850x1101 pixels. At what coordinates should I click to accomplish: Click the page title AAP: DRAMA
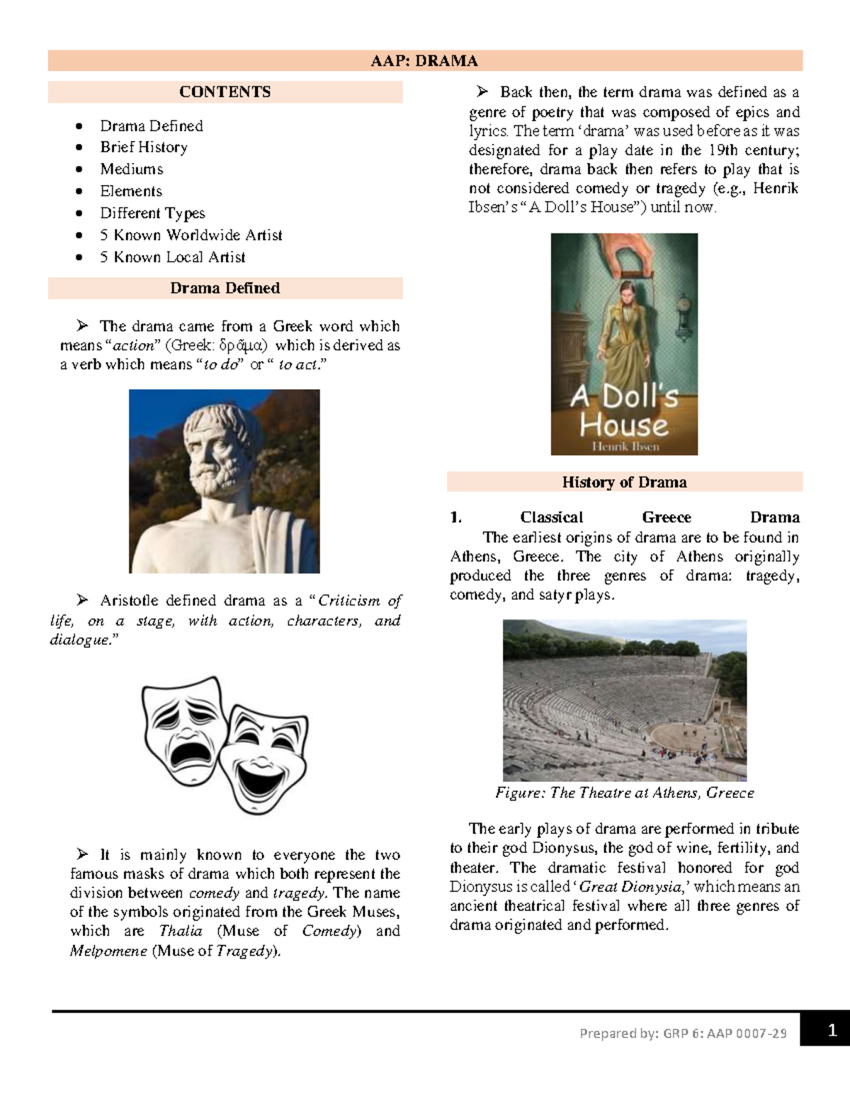click(424, 61)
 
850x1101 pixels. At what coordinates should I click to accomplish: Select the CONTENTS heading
click(225, 92)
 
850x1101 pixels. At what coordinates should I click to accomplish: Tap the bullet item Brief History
click(144, 147)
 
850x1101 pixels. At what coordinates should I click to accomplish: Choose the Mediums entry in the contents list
click(132, 169)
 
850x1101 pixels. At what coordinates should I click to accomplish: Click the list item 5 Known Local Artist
click(173, 257)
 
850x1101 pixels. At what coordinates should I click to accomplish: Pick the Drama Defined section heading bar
click(225, 289)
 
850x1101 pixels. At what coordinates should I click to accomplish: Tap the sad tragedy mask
click(183, 731)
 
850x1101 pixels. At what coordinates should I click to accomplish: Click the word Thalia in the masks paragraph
click(181, 932)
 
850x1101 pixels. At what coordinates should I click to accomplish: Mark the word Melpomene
click(108, 951)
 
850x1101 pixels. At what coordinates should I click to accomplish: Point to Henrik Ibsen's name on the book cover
click(625, 447)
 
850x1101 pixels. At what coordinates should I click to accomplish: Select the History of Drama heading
click(624, 483)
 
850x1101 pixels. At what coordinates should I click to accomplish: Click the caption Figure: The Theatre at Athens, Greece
click(624, 793)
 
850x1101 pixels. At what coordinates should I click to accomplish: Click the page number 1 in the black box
click(832, 1031)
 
